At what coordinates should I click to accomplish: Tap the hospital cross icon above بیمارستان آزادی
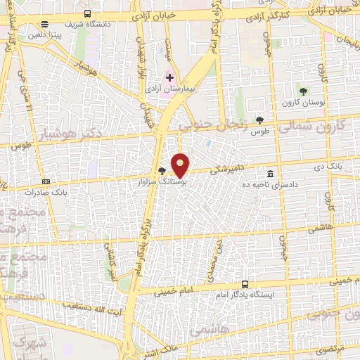pyautogui.click(x=169, y=77)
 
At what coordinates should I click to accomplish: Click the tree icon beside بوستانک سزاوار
pyautogui.click(x=163, y=170)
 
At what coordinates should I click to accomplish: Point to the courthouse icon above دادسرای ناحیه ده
pyautogui.click(x=271, y=173)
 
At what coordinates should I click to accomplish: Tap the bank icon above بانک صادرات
pyautogui.click(x=46, y=180)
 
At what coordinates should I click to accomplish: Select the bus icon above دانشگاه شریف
pyautogui.click(x=87, y=13)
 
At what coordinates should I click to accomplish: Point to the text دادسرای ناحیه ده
pyautogui.click(x=271, y=184)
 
